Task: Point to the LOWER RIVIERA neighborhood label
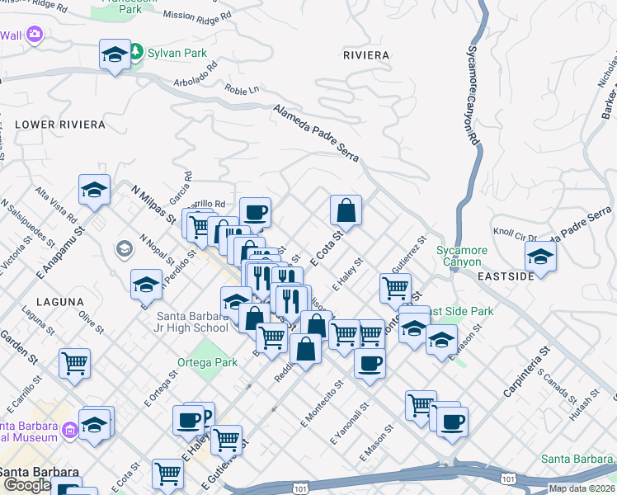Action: pyautogui.click(x=60, y=125)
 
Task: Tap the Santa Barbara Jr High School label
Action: pyautogui.click(x=192, y=322)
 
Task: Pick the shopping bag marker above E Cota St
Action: pyautogui.click(x=346, y=210)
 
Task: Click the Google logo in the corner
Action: pyautogui.click(x=26, y=485)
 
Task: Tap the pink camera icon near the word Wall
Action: pyautogui.click(x=35, y=35)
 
